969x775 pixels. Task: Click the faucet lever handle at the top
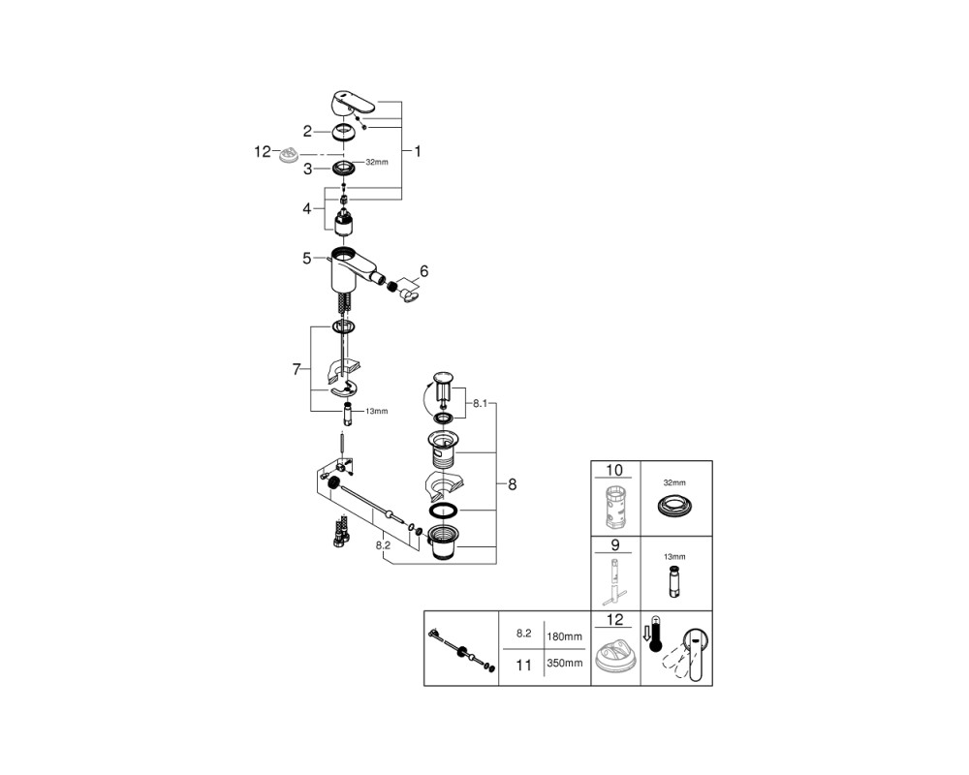click(353, 104)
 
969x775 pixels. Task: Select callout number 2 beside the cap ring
click(308, 131)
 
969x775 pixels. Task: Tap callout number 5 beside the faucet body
click(307, 258)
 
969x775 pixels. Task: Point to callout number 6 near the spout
click(423, 270)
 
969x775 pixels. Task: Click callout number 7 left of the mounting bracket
click(297, 369)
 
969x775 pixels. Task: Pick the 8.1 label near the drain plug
click(481, 404)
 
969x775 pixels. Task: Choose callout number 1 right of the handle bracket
click(418, 151)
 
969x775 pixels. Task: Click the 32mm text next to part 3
click(377, 162)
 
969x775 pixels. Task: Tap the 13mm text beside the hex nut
click(376, 411)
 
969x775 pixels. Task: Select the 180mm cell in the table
click(564, 635)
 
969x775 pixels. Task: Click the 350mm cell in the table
click(564, 664)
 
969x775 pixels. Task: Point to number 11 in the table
click(523, 665)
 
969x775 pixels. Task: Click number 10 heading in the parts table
click(614, 470)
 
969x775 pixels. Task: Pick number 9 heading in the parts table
click(614, 545)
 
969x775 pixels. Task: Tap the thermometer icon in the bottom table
click(656, 635)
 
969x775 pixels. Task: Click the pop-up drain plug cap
click(443, 377)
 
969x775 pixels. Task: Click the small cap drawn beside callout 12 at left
click(288, 154)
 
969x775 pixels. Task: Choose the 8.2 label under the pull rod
click(383, 545)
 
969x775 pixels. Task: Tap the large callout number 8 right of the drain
click(512, 484)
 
